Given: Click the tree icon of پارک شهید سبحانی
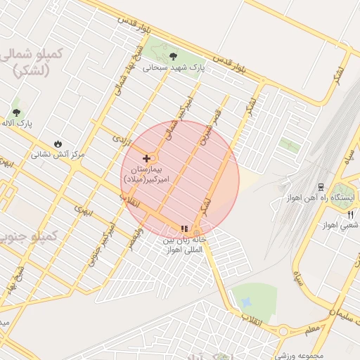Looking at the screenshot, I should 173,55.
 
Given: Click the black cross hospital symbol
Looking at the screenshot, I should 146,158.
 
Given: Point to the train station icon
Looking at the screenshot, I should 321,187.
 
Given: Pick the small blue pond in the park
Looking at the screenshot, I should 246,302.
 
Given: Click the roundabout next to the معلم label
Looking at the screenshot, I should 284,331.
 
